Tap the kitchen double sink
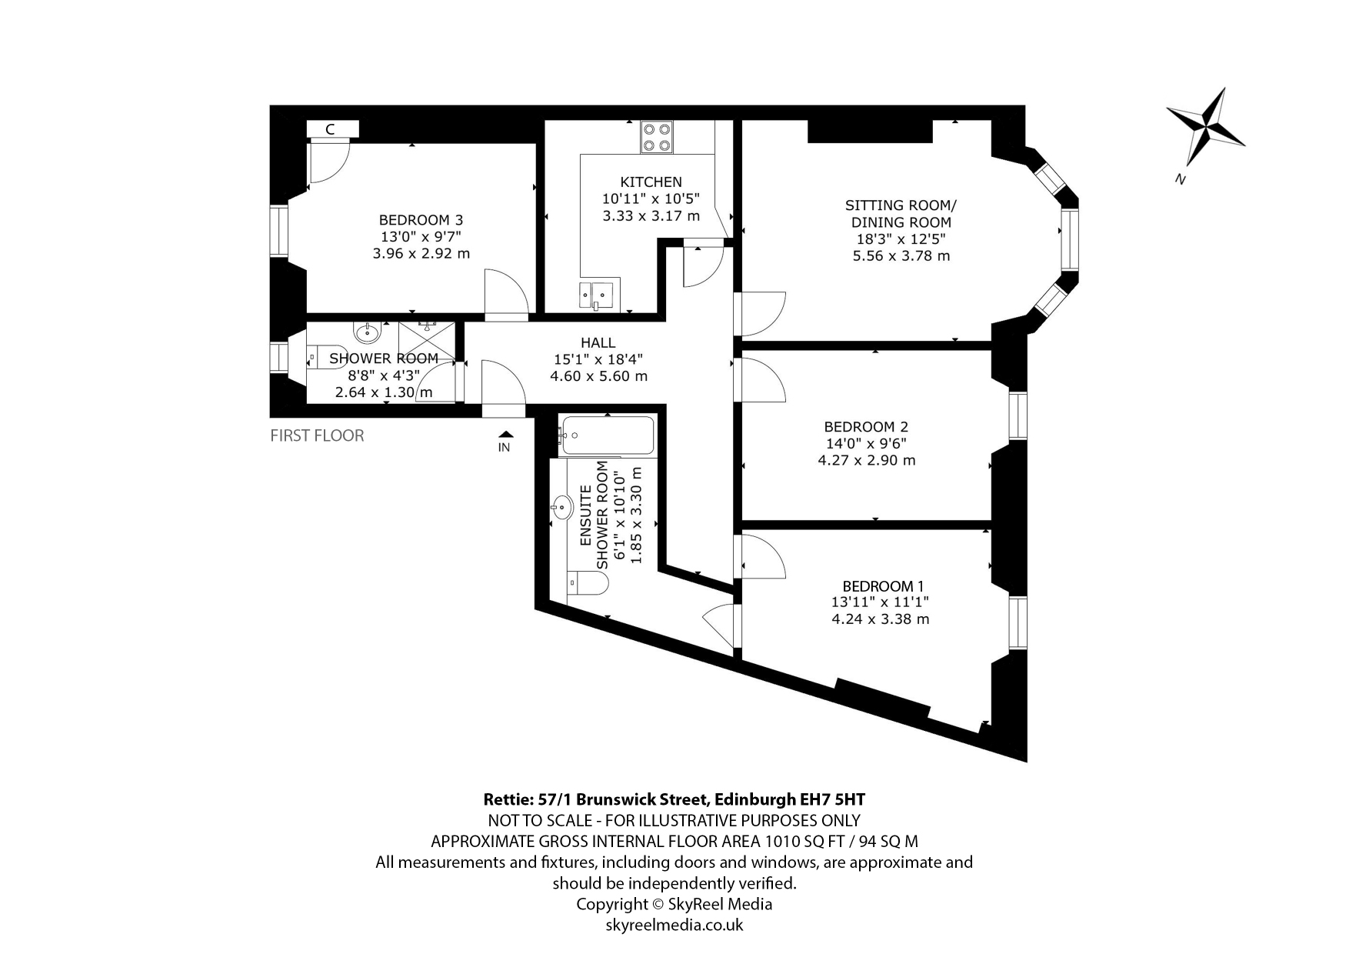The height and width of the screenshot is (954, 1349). click(x=595, y=292)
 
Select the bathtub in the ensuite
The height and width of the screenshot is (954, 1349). click(x=608, y=435)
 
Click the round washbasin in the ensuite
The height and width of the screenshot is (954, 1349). click(x=562, y=507)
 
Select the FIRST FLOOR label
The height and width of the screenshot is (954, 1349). click(x=317, y=435)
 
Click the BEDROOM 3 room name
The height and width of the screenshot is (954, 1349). click(x=421, y=220)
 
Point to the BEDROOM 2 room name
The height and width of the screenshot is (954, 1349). click(x=866, y=426)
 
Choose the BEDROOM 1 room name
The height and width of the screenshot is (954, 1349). click(x=883, y=585)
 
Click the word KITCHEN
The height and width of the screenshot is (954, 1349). click(x=651, y=182)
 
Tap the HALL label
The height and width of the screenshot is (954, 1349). click(x=598, y=343)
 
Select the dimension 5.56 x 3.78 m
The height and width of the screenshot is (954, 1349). click(x=901, y=255)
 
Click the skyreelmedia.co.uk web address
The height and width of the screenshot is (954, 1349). click(x=674, y=925)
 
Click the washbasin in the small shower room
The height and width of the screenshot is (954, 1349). click(x=366, y=332)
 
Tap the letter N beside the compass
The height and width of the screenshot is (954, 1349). click(x=1179, y=179)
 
